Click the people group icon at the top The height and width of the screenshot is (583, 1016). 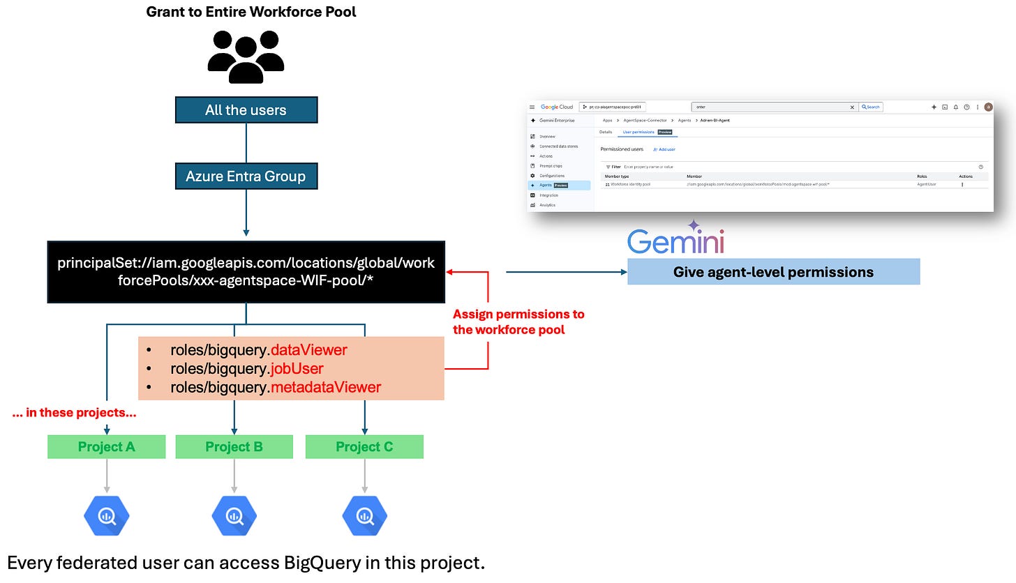click(246, 56)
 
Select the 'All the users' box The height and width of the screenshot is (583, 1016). click(246, 110)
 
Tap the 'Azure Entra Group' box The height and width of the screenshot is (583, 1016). click(246, 176)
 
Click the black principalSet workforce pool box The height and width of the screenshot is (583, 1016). click(246, 272)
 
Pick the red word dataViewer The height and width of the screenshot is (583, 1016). click(308, 350)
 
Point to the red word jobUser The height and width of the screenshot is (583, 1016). click(297, 368)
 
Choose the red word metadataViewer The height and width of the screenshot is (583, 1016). click(326, 387)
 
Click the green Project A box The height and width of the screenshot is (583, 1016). click(107, 447)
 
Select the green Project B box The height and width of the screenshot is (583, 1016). click(234, 447)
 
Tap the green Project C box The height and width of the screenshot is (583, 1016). click(364, 447)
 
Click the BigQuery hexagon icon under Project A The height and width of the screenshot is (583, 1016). click(107, 515)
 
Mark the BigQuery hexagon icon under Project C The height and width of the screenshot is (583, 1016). click(364, 515)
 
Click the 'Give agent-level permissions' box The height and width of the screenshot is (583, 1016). click(773, 272)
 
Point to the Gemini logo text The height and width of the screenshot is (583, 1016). click(675, 241)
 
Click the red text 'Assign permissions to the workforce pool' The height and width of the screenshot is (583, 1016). click(518, 321)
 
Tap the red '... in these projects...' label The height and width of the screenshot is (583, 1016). click(74, 413)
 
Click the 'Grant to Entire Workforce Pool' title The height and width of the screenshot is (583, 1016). click(251, 12)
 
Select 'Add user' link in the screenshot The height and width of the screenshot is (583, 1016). click(664, 149)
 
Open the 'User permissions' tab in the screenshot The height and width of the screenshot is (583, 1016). click(638, 131)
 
